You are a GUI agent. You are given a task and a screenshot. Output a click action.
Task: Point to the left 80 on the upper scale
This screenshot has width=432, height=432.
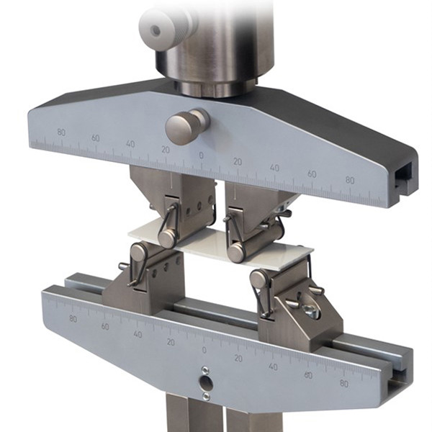tap(60, 132)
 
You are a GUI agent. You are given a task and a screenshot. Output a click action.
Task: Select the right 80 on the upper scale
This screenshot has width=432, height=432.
tap(349, 180)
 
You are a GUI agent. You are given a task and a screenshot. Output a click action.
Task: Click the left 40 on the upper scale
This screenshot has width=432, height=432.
tap(130, 144)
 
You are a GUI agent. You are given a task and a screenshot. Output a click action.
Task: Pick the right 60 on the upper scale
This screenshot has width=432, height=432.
tap(311, 174)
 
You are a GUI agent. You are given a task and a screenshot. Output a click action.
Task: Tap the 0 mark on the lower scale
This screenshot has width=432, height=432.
tap(204, 350)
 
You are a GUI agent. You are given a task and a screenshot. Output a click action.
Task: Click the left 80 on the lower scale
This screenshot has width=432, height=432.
tap(73, 318)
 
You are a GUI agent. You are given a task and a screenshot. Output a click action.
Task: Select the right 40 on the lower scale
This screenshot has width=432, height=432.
tap(273, 366)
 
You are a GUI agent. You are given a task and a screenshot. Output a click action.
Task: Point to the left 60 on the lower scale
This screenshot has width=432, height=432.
tap(105, 325)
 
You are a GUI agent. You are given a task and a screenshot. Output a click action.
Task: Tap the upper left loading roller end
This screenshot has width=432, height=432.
tap(166, 238)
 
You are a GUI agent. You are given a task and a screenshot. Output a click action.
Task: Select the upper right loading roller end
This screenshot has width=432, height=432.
tap(236, 252)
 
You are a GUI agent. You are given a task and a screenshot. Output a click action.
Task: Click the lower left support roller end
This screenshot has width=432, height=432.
tap(138, 252)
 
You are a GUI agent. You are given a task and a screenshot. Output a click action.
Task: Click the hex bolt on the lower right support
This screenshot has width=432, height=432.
tap(310, 311)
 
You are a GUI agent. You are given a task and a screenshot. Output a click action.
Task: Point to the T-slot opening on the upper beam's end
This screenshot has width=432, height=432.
tap(405, 174)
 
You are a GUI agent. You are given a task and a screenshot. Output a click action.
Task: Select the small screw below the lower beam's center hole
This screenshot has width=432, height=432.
tap(206, 396)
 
